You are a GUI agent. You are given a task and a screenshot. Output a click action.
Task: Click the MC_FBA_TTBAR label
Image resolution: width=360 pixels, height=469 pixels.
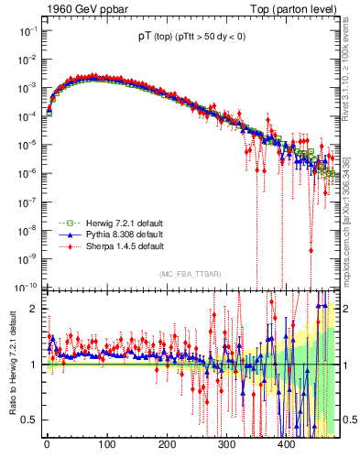[189, 275]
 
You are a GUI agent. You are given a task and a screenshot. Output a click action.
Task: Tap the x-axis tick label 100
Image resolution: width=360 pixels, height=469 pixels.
[106, 444]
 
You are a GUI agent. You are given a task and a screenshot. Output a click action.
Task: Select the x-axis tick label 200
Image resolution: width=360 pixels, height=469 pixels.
[166, 444]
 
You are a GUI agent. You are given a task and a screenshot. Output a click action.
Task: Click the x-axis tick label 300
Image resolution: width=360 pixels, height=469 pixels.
[226, 444]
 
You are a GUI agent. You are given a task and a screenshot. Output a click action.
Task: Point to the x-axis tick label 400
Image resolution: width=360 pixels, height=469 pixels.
[286, 444]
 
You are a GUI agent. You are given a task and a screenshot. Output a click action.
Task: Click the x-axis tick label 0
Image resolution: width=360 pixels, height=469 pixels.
[47, 444]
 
